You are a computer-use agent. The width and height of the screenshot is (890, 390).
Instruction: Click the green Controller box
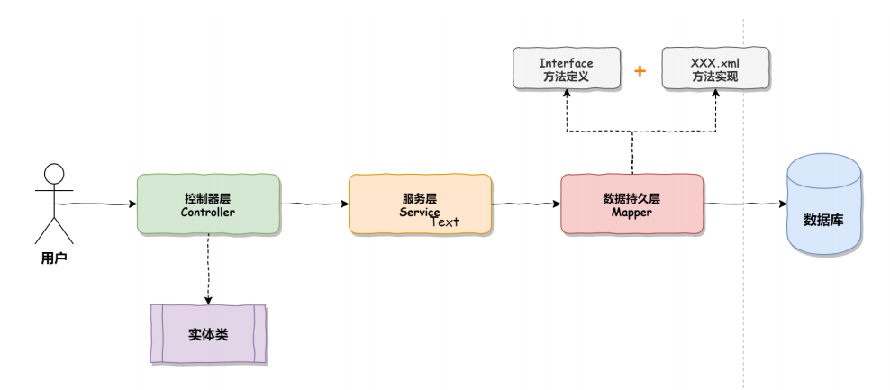208,204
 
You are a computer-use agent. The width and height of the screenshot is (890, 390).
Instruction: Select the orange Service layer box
420,204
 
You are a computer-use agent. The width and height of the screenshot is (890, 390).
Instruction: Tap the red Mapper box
631,204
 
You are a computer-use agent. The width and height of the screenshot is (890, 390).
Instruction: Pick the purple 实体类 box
208,333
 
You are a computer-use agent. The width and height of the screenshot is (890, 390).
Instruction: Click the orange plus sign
640,70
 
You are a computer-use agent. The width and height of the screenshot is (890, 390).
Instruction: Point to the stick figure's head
55,173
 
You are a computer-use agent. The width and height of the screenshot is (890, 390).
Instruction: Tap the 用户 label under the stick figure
55,258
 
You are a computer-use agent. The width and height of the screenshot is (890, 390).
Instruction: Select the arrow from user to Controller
99,204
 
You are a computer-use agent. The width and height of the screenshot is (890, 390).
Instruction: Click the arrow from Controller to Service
313,204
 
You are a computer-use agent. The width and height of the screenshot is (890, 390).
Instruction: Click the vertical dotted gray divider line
744,297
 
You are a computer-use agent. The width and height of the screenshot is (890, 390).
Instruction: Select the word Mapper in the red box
631,213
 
